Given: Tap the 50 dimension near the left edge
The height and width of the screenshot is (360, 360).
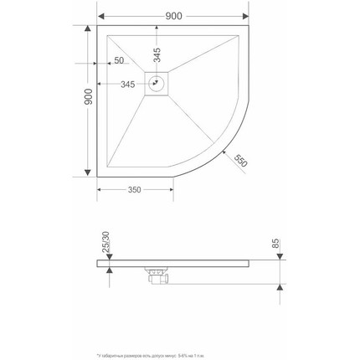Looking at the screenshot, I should (x=118, y=61).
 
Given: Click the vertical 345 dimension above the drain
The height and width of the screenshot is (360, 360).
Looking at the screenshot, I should (x=156, y=54).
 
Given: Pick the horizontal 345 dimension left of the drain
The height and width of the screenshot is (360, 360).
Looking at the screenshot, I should (x=128, y=84).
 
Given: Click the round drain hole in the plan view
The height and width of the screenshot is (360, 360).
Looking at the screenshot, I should (x=156, y=83).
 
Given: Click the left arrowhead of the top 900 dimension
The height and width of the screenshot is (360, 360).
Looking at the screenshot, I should (x=99, y=15).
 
